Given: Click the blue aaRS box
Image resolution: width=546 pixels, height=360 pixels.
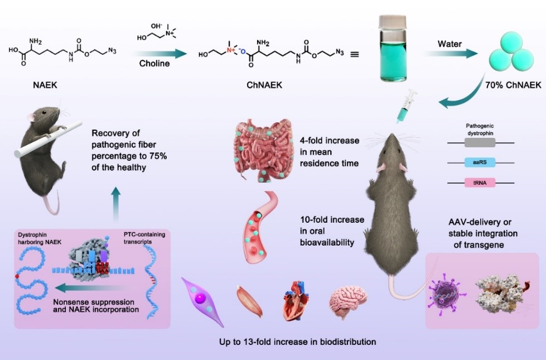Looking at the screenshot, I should [479, 162].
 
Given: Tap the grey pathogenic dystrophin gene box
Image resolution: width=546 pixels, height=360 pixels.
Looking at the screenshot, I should [479, 143].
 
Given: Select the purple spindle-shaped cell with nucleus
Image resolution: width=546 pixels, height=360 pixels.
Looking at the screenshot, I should [201, 302].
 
